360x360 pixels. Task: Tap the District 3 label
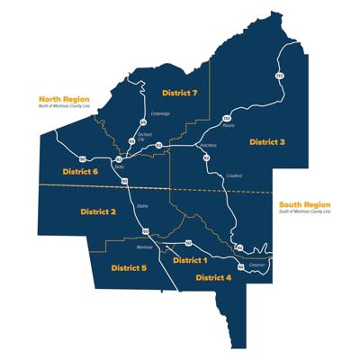[267, 142]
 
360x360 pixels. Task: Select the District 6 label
[80, 171]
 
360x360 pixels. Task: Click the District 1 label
[189, 259]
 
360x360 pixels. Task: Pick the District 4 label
[212, 278]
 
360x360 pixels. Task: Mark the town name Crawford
[234, 176]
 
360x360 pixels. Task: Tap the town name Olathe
[141, 206]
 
